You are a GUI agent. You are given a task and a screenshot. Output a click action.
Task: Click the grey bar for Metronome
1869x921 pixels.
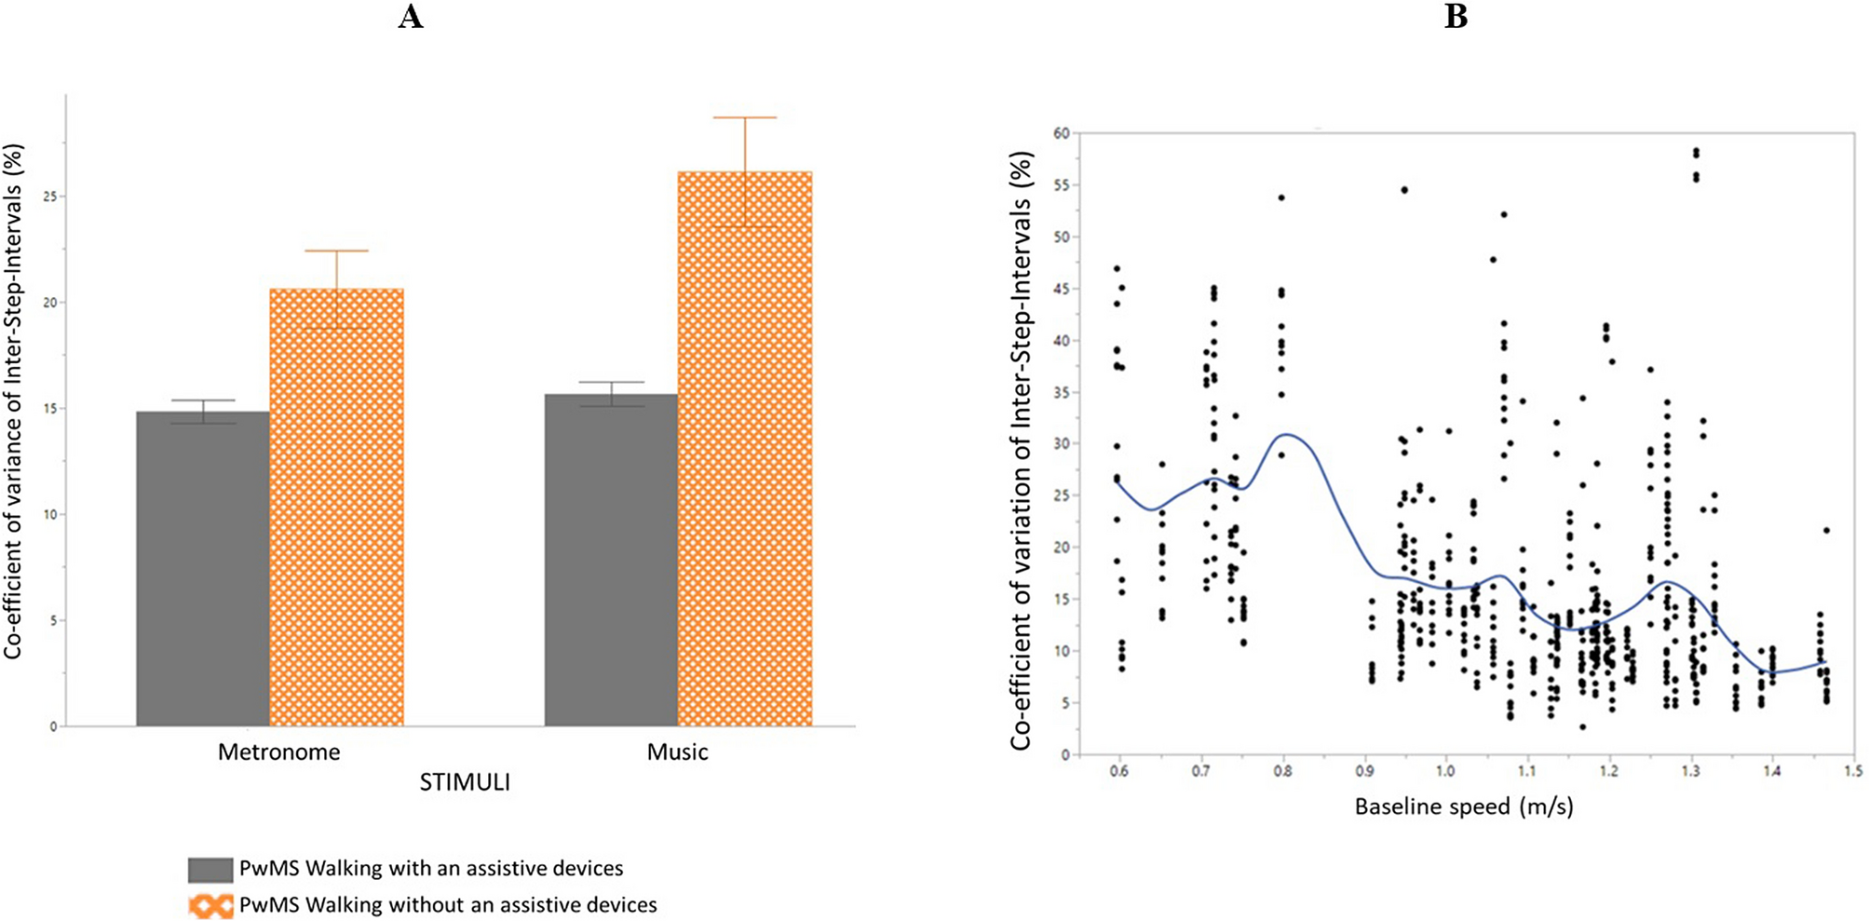[203, 568]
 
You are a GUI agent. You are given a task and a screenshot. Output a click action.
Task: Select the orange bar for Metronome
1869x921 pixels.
[336, 508]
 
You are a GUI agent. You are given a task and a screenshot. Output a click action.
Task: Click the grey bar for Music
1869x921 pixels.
[611, 560]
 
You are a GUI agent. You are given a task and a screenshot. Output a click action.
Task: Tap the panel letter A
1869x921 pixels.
[411, 17]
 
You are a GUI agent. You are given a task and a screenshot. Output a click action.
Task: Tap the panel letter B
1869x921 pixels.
[1456, 17]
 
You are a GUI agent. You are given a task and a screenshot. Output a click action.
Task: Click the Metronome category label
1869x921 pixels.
[278, 752]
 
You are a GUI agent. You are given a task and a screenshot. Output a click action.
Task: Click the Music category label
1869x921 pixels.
[677, 752]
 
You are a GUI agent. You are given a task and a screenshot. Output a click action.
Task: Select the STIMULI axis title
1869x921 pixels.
[464, 782]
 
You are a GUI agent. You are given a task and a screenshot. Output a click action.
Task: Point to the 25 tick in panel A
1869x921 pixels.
[48, 196]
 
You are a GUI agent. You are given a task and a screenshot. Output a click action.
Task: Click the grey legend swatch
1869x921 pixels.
[210, 870]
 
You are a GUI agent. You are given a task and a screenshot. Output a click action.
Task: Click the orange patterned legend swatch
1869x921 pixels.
[210, 905]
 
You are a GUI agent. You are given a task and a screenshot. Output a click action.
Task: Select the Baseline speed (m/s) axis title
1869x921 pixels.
[1463, 806]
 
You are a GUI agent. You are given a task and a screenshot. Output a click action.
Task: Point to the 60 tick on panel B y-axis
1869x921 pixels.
[1061, 133]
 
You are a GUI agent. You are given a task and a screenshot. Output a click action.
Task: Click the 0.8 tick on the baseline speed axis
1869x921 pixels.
[1282, 771]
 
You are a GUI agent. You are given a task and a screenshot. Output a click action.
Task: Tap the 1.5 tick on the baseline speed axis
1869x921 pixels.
[1853, 771]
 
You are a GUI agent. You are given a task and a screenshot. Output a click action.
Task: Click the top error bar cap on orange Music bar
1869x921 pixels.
[745, 117]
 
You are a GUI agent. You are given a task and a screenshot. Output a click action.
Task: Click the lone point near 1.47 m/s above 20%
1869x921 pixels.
[1826, 530]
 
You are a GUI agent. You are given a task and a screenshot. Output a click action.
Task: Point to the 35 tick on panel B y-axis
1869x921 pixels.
[1061, 392]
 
